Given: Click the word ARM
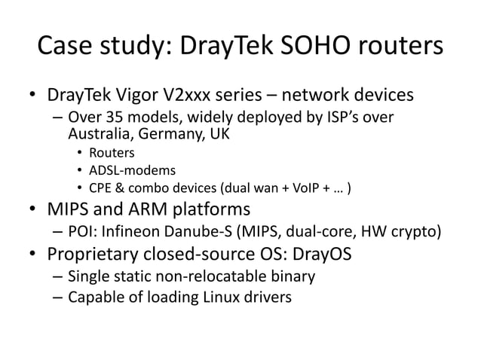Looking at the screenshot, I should tap(141, 208).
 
